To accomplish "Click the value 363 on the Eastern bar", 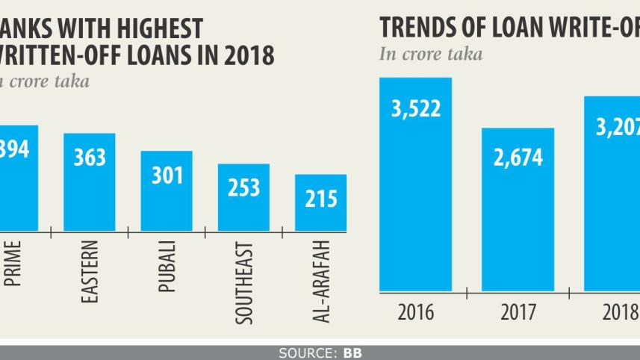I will pyautogui.click(x=90, y=158).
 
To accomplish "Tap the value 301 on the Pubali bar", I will pyautogui.click(x=167, y=176).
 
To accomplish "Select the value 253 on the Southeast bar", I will pyautogui.click(x=243, y=187).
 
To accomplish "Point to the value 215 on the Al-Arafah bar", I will pyautogui.click(x=320, y=199).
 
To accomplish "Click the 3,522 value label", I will pyautogui.click(x=416, y=108).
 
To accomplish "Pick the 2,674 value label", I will pyautogui.click(x=518, y=158).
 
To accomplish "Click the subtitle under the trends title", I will pyautogui.click(x=431, y=55).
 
